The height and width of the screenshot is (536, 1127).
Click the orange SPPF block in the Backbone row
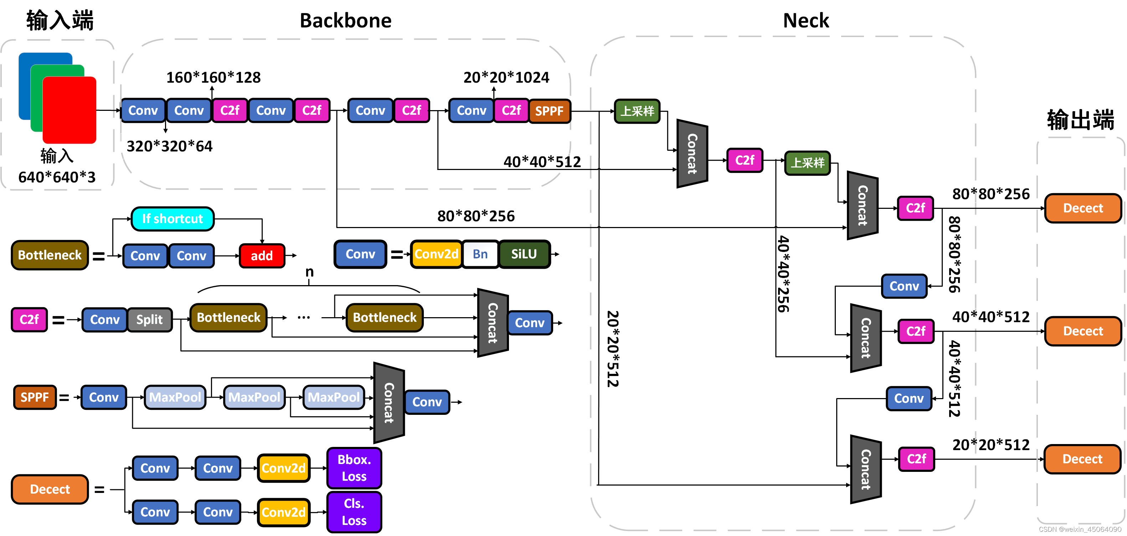[x=550, y=111]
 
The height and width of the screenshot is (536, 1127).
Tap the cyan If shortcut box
[x=173, y=219]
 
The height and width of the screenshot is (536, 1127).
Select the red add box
[x=262, y=256]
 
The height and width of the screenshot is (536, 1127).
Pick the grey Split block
[x=149, y=320]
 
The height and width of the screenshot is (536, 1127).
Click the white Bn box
[x=480, y=254]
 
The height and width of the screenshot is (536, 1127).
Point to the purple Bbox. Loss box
[x=354, y=468]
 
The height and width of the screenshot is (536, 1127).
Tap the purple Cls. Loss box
[x=354, y=512]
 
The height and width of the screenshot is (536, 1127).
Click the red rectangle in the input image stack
[x=70, y=110]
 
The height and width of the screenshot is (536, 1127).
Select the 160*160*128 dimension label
[x=213, y=77]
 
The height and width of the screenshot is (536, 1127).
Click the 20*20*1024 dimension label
[x=506, y=77]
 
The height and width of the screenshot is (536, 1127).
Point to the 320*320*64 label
[x=169, y=146]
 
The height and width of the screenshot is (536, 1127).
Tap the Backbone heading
[x=345, y=21]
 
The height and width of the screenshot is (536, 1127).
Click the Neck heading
[x=806, y=21]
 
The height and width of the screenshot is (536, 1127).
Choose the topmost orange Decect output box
[x=1083, y=208]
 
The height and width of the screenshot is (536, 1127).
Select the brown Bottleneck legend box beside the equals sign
[x=50, y=255]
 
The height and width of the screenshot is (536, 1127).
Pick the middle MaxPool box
[x=254, y=397]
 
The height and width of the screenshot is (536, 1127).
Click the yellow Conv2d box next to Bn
[x=436, y=254]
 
